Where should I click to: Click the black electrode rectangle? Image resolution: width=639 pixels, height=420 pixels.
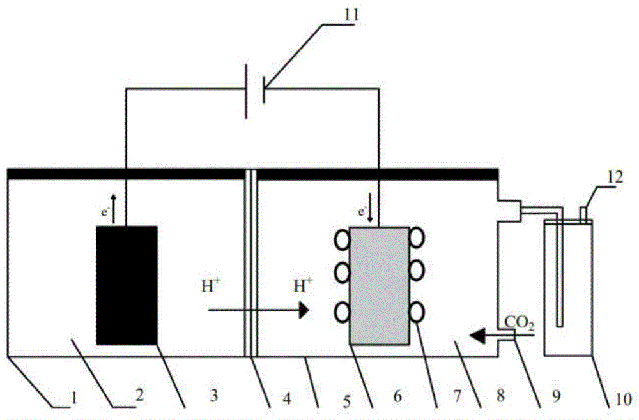127,285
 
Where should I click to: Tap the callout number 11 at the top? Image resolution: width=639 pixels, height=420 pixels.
350,12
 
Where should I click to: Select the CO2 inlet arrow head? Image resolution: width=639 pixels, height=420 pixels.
475,333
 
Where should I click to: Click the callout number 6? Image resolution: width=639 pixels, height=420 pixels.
397,397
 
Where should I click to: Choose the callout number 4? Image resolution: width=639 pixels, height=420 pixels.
288,398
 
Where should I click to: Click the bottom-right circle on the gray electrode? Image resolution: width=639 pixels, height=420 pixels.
418,312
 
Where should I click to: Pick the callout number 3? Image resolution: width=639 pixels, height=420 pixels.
214,397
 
